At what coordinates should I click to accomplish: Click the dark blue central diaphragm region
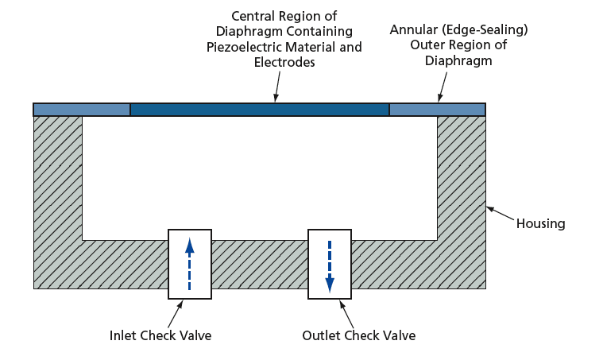[260, 110]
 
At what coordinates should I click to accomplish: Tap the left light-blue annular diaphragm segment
[82, 110]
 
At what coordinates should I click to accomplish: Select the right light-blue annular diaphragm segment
[437, 110]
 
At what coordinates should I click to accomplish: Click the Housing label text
[540, 223]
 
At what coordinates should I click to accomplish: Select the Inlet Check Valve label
[160, 335]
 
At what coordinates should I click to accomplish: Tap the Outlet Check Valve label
[358, 335]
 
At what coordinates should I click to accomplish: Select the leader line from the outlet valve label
[349, 313]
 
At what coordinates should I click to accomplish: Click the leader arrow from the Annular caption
[445, 86]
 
